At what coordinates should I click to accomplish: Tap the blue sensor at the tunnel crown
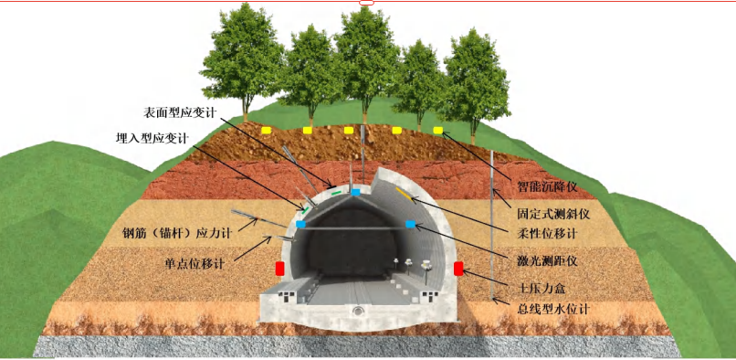click(355, 193)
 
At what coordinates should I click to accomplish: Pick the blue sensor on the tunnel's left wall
click(300, 224)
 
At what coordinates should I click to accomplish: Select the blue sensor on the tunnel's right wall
click(411, 224)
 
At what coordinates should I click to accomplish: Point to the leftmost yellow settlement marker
click(266, 131)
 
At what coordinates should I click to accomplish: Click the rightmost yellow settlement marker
click(438, 131)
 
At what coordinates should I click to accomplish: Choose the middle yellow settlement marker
click(349, 131)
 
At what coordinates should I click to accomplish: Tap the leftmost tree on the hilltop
click(247, 59)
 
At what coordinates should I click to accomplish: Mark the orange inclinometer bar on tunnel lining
click(403, 195)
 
